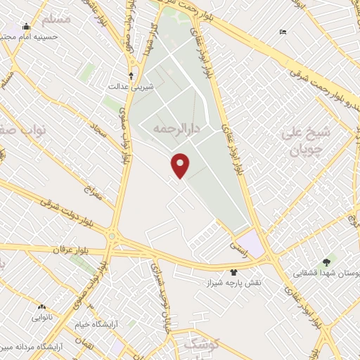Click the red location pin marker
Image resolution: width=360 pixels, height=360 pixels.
click(x=181, y=165)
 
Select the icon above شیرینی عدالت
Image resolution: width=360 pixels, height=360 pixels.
click(x=131, y=75)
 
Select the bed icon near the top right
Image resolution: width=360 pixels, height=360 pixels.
click(x=283, y=32)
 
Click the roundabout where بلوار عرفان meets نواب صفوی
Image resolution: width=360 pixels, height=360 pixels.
click(x=112, y=238)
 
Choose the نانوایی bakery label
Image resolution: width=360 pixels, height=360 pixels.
click(x=41, y=316)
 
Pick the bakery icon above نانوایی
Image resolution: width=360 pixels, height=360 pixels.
click(x=41, y=307)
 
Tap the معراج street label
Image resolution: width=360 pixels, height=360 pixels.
click(x=94, y=191)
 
